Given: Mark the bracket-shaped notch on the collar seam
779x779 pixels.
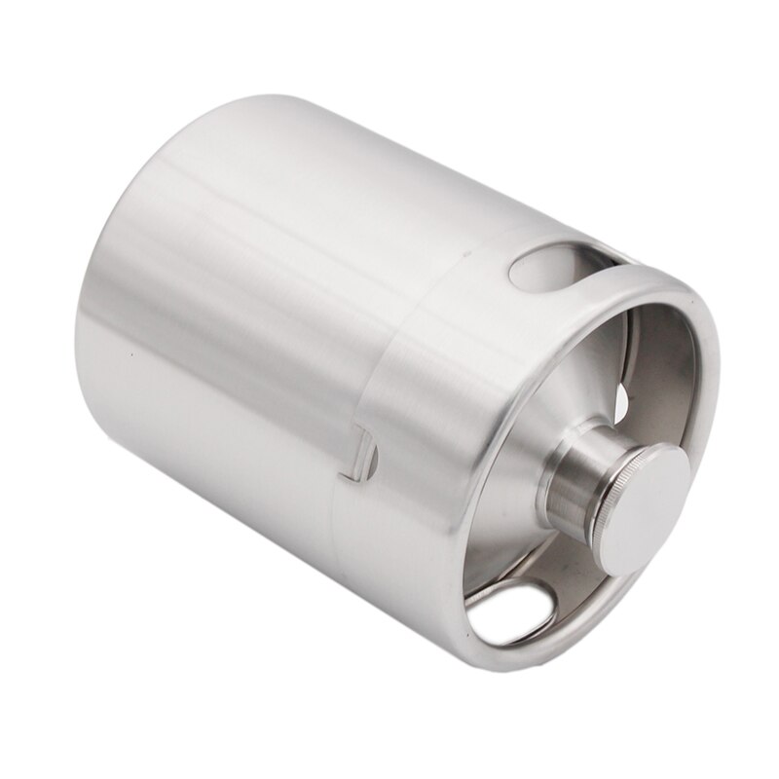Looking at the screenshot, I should click(x=360, y=453).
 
